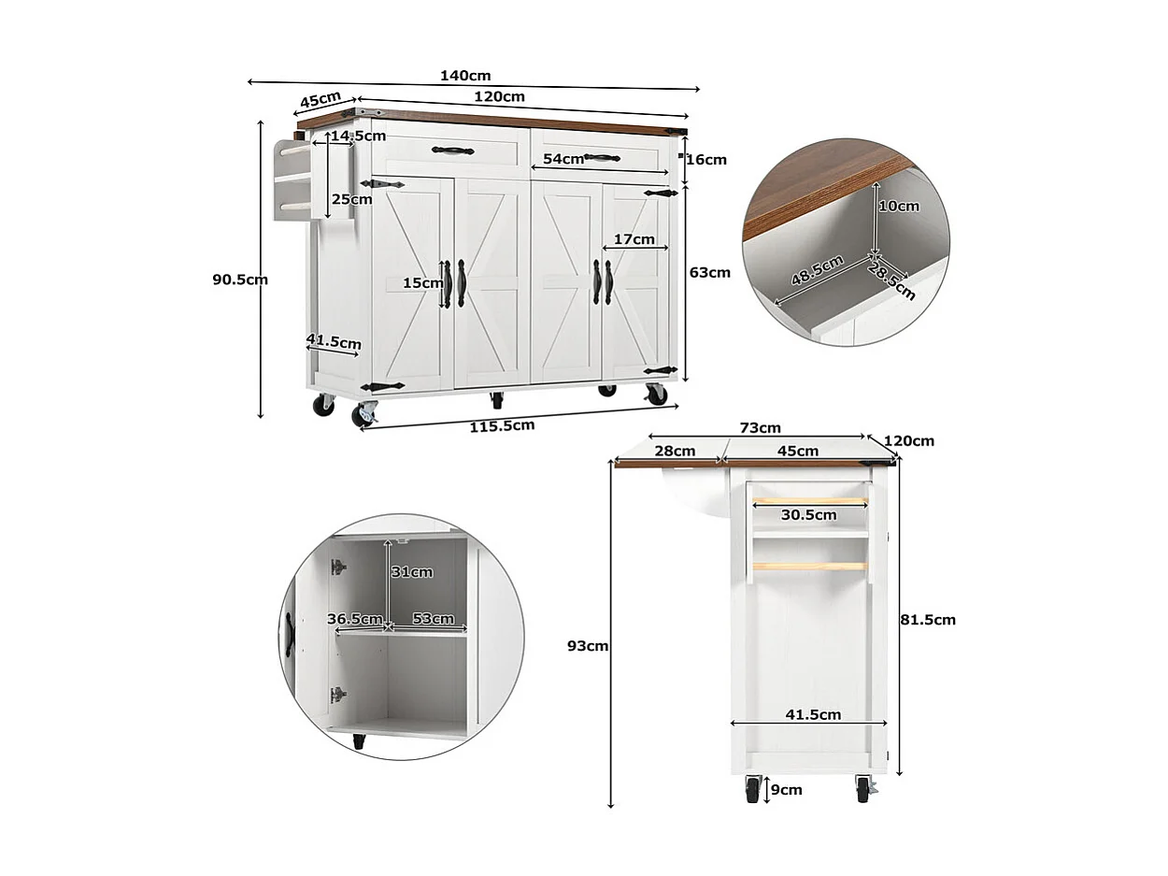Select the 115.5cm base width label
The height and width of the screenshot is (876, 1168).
coord(504,425)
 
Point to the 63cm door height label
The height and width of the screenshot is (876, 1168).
coord(710,273)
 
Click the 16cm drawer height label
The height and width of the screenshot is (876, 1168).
coord(706,160)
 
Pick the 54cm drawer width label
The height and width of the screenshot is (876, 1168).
coord(563,159)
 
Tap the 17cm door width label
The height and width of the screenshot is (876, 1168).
coord(634,239)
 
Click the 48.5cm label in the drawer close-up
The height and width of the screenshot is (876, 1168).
coord(818,272)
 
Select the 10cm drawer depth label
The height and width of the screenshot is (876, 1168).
coord(899,206)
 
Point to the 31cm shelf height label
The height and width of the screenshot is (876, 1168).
coord(411,572)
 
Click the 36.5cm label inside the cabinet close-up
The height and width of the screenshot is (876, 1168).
coord(355,619)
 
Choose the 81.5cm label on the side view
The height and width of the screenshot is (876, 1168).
coord(929,619)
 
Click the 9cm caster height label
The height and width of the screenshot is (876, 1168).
coord(786,790)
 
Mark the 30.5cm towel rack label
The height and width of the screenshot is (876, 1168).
coord(809,514)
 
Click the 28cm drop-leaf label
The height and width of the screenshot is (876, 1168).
coord(675,451)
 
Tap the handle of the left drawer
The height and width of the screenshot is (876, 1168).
coord(452,151)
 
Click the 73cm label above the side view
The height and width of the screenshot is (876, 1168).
coord(760,428)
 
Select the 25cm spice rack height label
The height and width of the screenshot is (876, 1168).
coord(351,198)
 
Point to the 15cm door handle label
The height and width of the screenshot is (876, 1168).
coord(422,282)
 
